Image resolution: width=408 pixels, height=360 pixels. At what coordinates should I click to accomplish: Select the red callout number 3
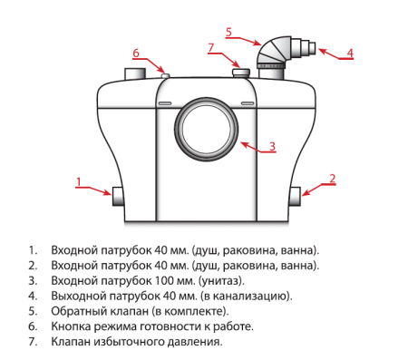tap(271, 145)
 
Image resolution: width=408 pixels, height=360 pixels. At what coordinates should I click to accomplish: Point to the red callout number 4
tap(351, 52)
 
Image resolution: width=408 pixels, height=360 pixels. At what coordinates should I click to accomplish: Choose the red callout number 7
tap(209, 47)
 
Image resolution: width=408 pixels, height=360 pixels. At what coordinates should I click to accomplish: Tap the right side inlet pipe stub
tap(294, 193)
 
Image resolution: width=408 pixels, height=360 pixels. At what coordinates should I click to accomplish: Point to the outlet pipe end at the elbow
tap(311, 47)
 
